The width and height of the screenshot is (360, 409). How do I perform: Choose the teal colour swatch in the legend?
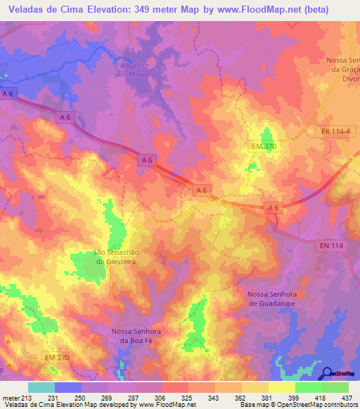(41, 387)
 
